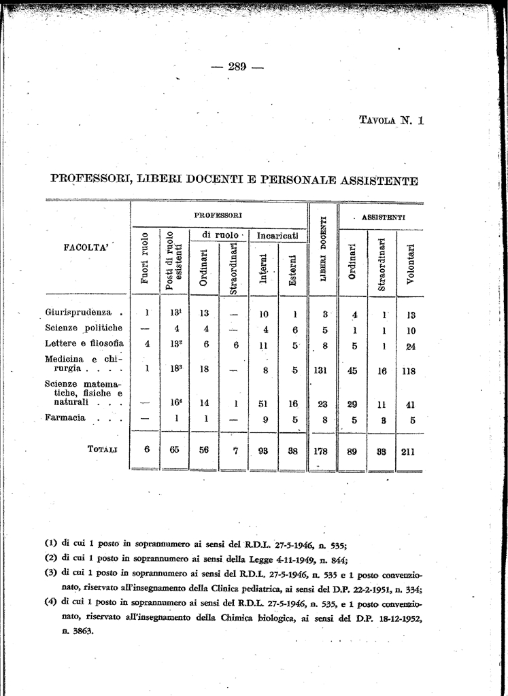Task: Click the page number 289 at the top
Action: click(x=237, y=66)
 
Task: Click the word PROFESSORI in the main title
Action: click(x=91, y=180)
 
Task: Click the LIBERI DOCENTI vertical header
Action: click(x=324, y=250)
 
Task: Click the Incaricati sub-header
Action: click(x=277, y=235)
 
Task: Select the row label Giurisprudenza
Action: click(x=78, y=313)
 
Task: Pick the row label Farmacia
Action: click(x=65, y=417)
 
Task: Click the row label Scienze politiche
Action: click(x=84, y=328)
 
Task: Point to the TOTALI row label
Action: click(x=102, y=449)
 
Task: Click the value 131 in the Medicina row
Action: click(x=323, y=371)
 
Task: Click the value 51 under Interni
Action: click(x=265, y=403)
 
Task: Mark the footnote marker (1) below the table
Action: click(x=50, y=543)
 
